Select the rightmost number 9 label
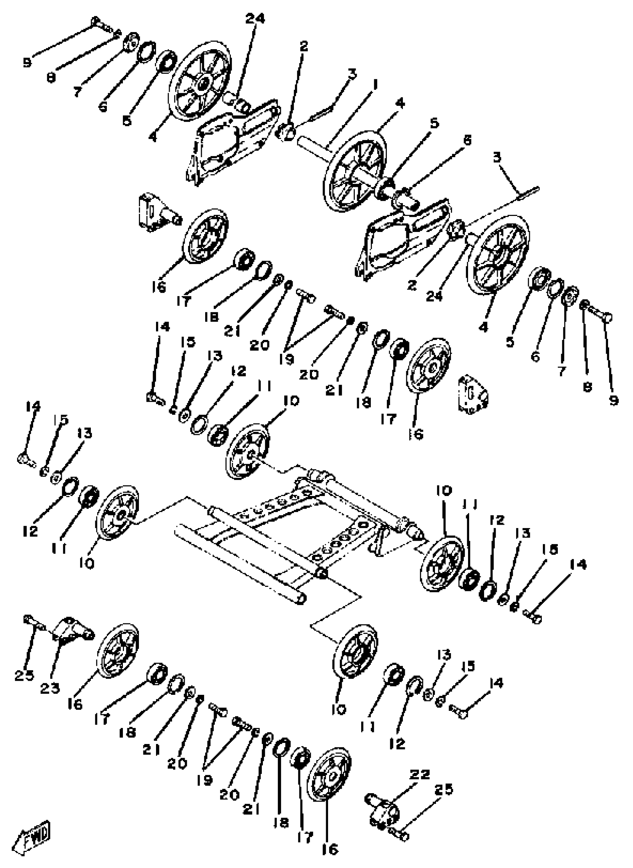[614, 400]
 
